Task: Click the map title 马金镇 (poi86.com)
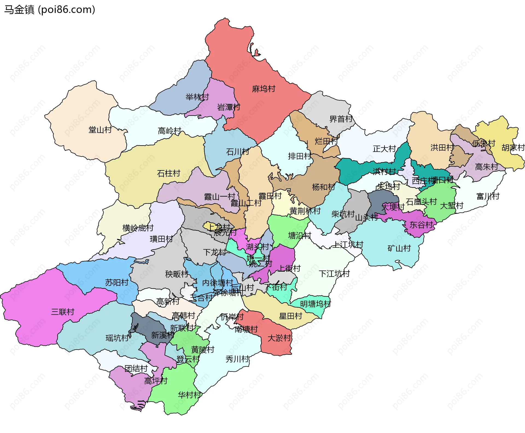click(x=49, y=10)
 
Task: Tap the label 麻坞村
click(x=263, y=89)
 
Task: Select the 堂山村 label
click(x=100, y=130)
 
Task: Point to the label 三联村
click(x=63, y=312)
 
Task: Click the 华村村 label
click(x=189, y=395)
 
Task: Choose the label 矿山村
click(x=399, y=248)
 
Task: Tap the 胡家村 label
click(x=513, y=148)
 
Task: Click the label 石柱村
click(x=168, y=173)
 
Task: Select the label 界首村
click(x=341, y=119)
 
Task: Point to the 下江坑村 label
click(x=334, y=274)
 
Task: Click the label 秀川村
click(x=237, y=359)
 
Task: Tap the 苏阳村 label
click(x=117, y=282)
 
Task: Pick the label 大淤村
click(x=279, y=338)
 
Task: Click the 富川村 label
click(x=488, y=196)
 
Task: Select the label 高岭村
click(x=169, y=131)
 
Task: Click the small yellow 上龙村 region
click(x=208, y=226)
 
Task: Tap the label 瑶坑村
click(x=117, y=338)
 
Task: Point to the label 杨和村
click(x=323, y=187)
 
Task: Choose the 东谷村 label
click(x=421, y=225)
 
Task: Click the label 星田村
click(x=290, y=316)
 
